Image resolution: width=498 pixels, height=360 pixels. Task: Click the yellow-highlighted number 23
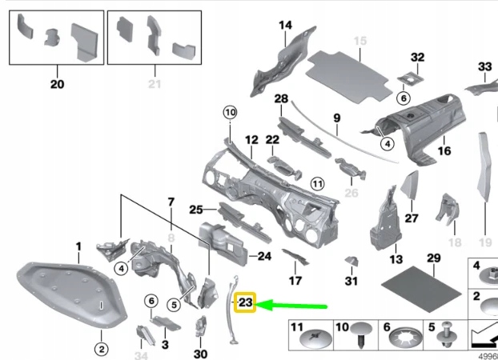244,302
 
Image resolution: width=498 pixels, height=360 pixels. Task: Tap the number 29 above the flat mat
433,258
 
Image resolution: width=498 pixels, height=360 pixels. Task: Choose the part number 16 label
444,150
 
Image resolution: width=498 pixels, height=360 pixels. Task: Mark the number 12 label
251,140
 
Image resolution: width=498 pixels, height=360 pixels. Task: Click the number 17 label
295,281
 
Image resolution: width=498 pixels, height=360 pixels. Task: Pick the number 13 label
395,259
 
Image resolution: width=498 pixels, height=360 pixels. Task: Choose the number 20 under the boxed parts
56,84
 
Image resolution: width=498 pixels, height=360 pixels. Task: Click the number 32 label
417,57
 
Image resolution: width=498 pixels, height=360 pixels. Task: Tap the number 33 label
485,66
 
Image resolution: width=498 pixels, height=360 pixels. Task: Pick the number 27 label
412,218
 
